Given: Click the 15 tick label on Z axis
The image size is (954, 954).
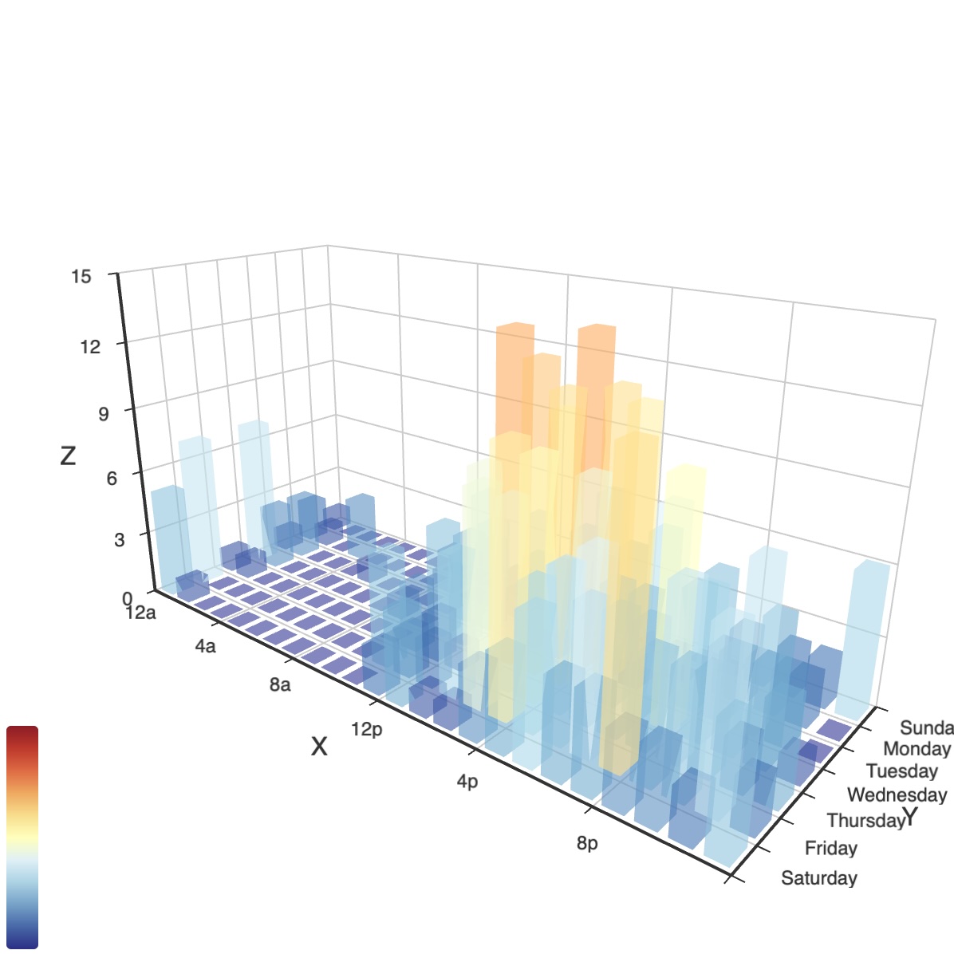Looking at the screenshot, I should pyautogui.click(x=81, y=277).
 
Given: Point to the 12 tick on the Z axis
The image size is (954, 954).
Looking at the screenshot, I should pyautogui.click(x=90, y=346).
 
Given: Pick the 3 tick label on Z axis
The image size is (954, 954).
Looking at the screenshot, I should pyautogui.click(x=120, y=539).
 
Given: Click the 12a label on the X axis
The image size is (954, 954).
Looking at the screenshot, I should pyautogui.click(x=140, y=613).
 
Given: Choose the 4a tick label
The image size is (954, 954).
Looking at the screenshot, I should pyautogui.click(x=205, y=646).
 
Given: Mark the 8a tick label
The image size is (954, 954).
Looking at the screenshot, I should pyautogui.click(x=280, y=685).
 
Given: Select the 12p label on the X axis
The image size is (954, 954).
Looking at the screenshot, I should pyautogui.click(x=367, y=729).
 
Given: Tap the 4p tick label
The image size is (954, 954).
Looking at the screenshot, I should pyautogui.click(x=467, y=782).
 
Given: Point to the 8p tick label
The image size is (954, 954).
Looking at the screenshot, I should pyautogui.click(x=587, y=843).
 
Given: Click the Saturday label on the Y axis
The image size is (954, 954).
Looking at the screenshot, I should pyautogui.click(x=819, y=878).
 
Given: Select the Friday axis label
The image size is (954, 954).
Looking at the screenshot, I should pyautogui.click(x=831, y=848).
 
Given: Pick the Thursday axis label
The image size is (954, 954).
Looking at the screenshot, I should pyautogui.click(x=865, y=821).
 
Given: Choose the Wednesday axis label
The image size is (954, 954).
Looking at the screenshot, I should pyautogui.click(x=897, y=794).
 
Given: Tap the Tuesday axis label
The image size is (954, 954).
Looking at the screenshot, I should pyautogui.click(x=901, y=771).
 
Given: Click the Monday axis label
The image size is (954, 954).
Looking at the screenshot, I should pyautogui.click(x=917, y=749).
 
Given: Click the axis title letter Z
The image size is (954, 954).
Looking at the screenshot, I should pyautogui.click(x=68, y=455).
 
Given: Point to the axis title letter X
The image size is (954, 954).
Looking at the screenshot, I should pyautogui.click(x=319, y=747).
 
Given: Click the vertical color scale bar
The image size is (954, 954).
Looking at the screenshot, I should pyautogui.click(x=22, y=838).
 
